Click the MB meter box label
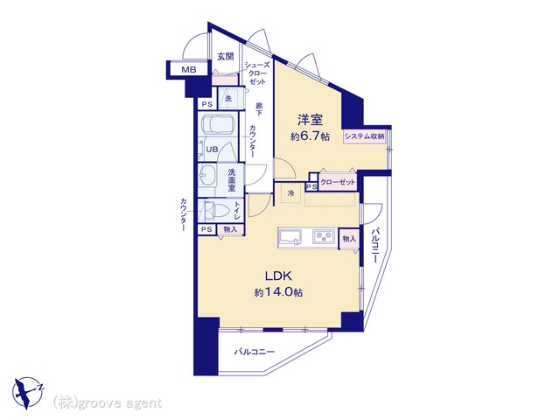pyautogui.click(x=189, y=70)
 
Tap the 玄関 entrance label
pyautogui.click(x=226, y=56)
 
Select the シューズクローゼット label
pyautogui.click(x=257, y=73)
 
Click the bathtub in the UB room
pyautogui.click(x=218, y=124)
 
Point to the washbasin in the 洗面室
pyautogui.click(x=207, y=175)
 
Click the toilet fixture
pyautogui.click(x=217, y=210)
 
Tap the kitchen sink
pyautogui.click(x=290, y=237)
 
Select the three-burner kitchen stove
pyautogui.click(x=324, y=237)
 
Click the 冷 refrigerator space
pyautogui.click(x=291, y=193)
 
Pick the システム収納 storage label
pyautogui.click(x=364, y=136)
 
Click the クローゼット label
pyautogui.click(x=338, y=182)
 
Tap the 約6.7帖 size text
pyautogui.click(x=310, y=136)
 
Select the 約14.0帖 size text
pyautogui.click(x=278, y=293)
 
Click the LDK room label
pyautogui.click(x=278, y=276)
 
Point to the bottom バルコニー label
pyautogui.click(x=255, y=352)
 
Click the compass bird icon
pyautogui.click(x=27, y=392)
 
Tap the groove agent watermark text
pyautogui.click(x=108, y=403)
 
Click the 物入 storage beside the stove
pyautogui.click(x=349, y=238)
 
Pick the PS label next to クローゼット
pyautogui.click(x=311, y=186)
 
